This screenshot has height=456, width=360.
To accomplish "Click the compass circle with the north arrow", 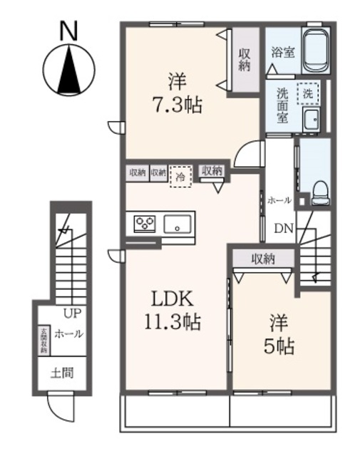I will (68, 69).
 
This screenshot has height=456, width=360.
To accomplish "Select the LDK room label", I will (170, 299).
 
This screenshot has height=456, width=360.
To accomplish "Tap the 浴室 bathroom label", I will (282, 52).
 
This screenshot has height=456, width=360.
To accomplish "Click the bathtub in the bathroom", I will (315, 51).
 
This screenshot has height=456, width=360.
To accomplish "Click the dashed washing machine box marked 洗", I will (308, 93).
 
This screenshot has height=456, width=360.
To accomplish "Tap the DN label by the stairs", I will (284, 229).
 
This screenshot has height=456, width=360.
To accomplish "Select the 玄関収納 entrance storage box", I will (44, 340).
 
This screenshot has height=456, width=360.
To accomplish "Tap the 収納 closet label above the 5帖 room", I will (262, 259).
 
